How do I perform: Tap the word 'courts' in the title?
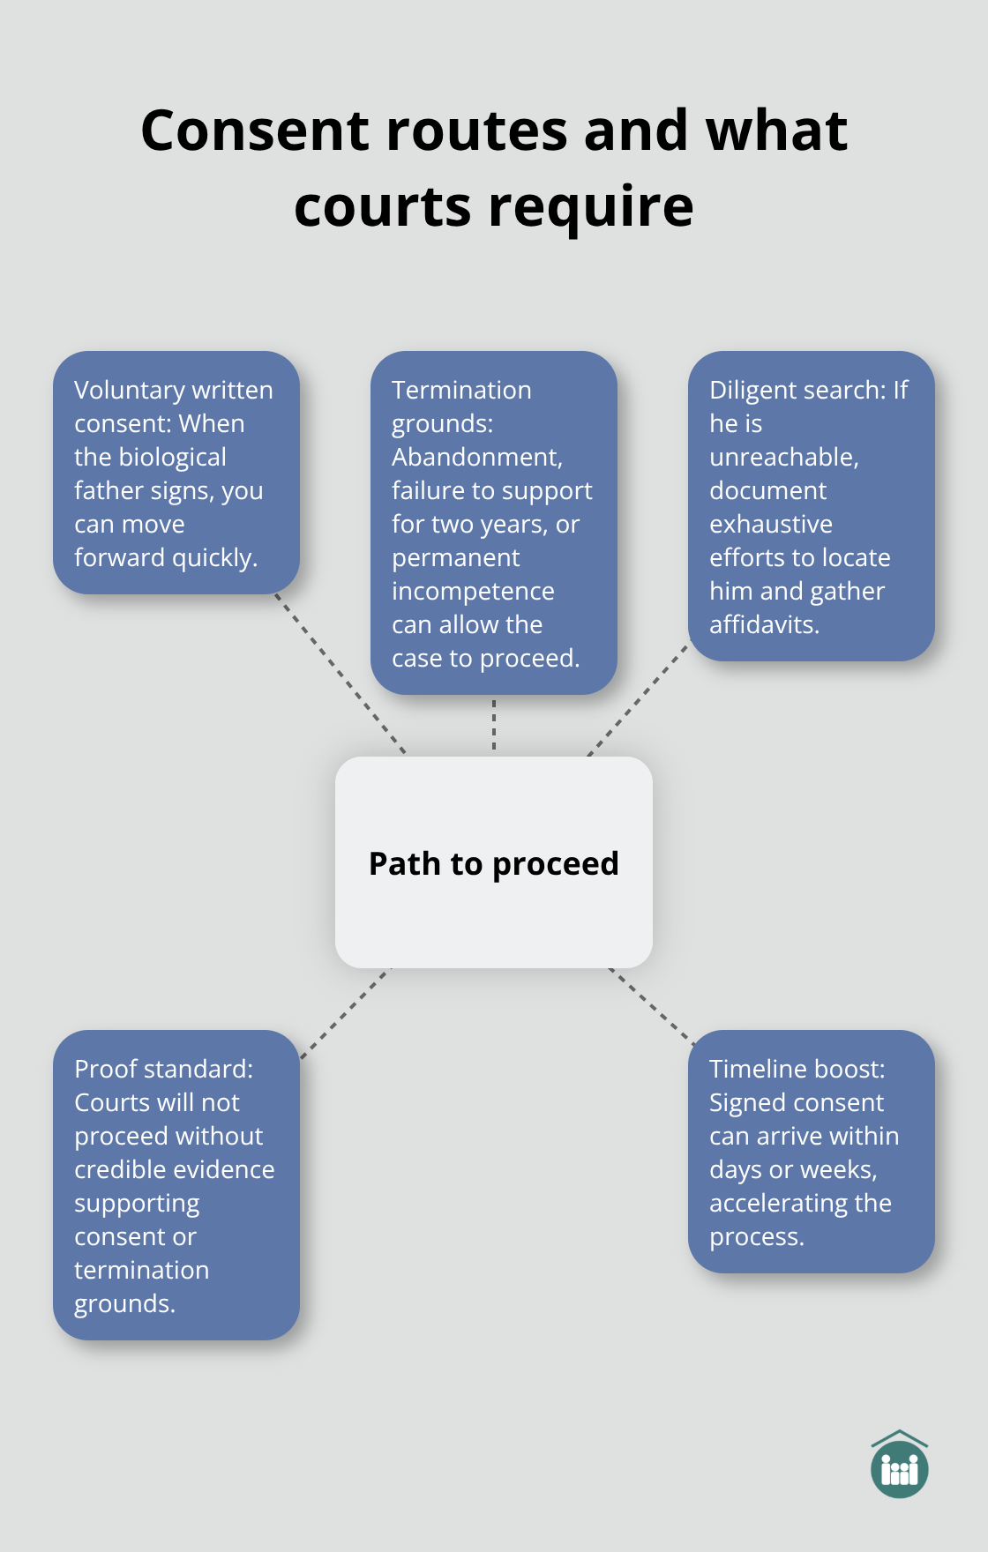point(383,206)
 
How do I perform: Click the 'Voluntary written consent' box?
point(176,473)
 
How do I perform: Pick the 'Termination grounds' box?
point(494,523)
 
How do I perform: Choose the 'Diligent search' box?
point(811,506)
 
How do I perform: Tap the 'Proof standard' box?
point(176,1185)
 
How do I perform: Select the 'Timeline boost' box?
point(811,1152)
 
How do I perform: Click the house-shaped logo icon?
point(899,1465)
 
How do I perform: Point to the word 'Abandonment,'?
point(476,457)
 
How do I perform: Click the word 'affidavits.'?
point(764,624)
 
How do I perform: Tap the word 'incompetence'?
point(473,591)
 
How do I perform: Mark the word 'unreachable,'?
point(783,457)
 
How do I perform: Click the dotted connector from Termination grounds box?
point(494,725)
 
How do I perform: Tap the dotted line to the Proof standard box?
point(344,1013)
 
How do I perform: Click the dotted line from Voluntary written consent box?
point(340,673)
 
